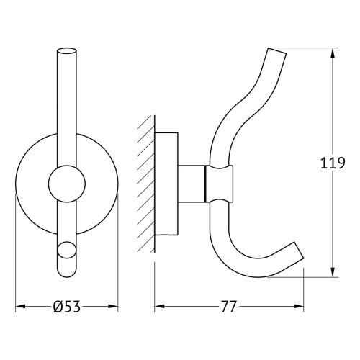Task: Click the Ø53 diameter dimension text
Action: click(66, 307)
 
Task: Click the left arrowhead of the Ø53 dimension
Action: click(20, 307)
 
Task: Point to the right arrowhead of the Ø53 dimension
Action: click(113, 307)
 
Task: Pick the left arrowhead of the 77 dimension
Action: click(159, 307)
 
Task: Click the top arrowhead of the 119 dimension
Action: click(333, 53)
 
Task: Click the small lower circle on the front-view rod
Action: click(66, 251)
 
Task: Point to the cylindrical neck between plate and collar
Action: click(192, 184)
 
